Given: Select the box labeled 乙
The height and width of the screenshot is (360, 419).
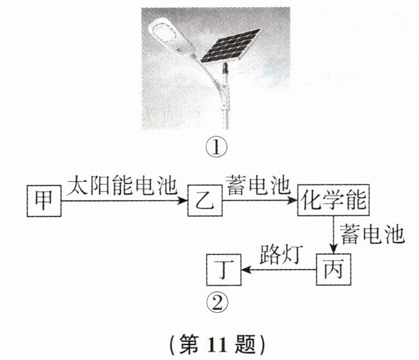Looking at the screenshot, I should (205, 202).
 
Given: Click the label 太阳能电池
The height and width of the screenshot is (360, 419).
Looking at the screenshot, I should (122, 187).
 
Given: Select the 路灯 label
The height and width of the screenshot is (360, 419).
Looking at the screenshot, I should (278, 253).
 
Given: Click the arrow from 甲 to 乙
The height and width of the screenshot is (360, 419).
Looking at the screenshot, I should (123, 201).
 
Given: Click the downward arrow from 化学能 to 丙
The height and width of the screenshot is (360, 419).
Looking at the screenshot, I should (333, 235).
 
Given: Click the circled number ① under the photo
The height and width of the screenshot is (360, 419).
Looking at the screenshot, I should (216, 148).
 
